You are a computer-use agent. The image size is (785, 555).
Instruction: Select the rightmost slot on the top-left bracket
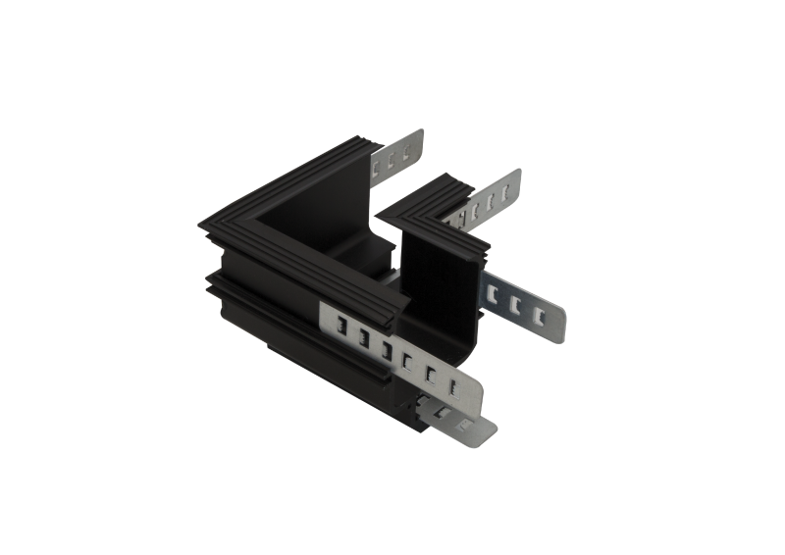pos(405,152)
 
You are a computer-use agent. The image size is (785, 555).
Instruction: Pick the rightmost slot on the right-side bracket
pos(539,316)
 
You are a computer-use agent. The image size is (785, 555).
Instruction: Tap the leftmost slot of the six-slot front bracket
pos(340,329)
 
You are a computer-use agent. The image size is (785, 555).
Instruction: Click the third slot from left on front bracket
pos(386,351)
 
